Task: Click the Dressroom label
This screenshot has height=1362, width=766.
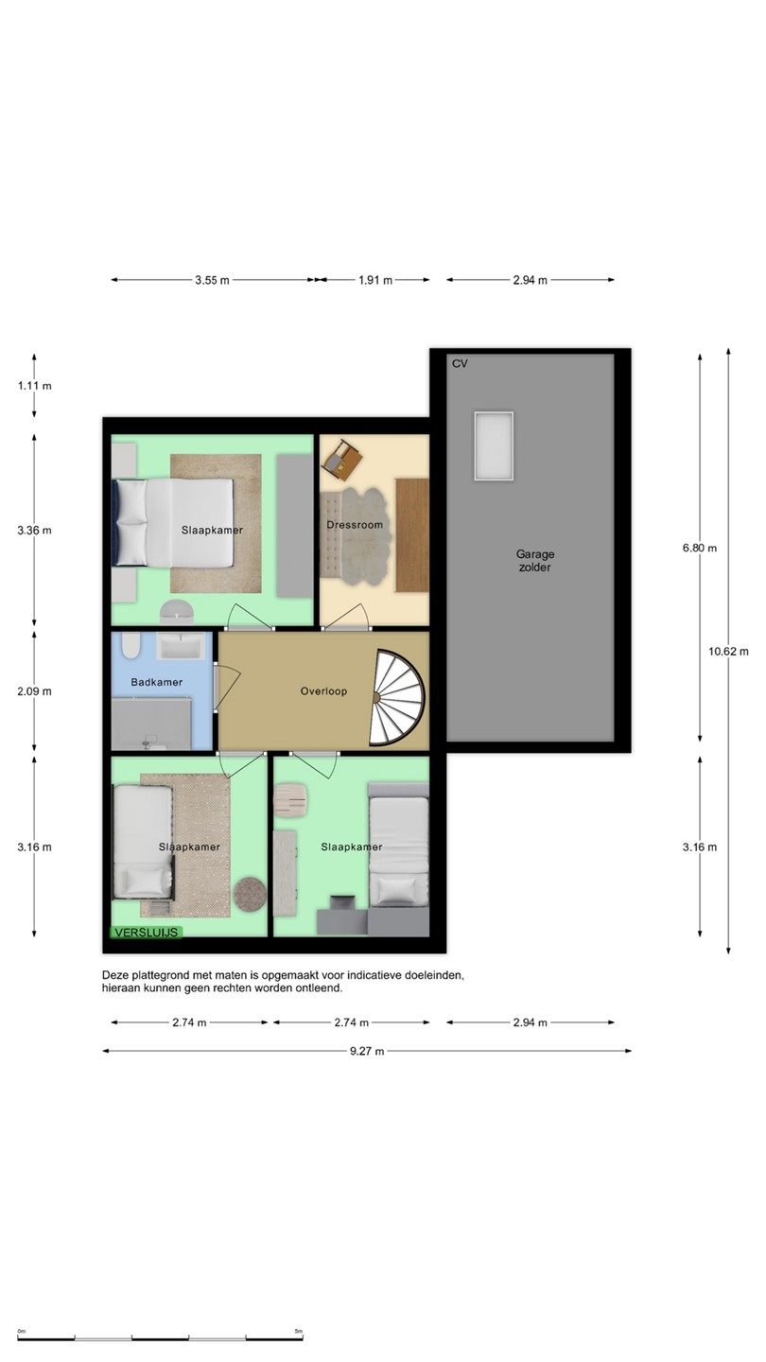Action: point(355,525)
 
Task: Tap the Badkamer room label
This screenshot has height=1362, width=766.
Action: point(157,682)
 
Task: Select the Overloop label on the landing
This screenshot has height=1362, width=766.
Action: point(323,691)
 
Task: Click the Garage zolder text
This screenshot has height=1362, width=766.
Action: point(535,561)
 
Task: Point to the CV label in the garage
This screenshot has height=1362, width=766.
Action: point(460,363)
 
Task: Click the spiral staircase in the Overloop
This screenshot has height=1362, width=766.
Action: point(397,697)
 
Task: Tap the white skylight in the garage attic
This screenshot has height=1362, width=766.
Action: point(494,445)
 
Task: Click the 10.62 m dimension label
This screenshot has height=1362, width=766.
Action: point(728,651)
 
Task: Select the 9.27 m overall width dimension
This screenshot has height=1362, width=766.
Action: point(367,1051)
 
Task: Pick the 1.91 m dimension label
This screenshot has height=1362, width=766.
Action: point(375,280)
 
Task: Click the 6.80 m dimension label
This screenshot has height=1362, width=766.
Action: point(699,548)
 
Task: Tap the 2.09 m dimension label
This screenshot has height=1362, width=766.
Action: point(35,691)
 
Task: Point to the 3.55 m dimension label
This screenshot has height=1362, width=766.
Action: point(212,280)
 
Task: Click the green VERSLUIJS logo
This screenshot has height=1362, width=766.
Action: point(146,933)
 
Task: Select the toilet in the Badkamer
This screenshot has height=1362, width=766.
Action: point(131,646)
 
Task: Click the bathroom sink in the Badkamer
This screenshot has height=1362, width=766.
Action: point(181,646)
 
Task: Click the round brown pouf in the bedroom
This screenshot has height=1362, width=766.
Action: point(250,894)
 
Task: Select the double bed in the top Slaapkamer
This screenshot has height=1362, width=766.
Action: point(174,523)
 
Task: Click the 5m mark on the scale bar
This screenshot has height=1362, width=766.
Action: point(299,1331)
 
